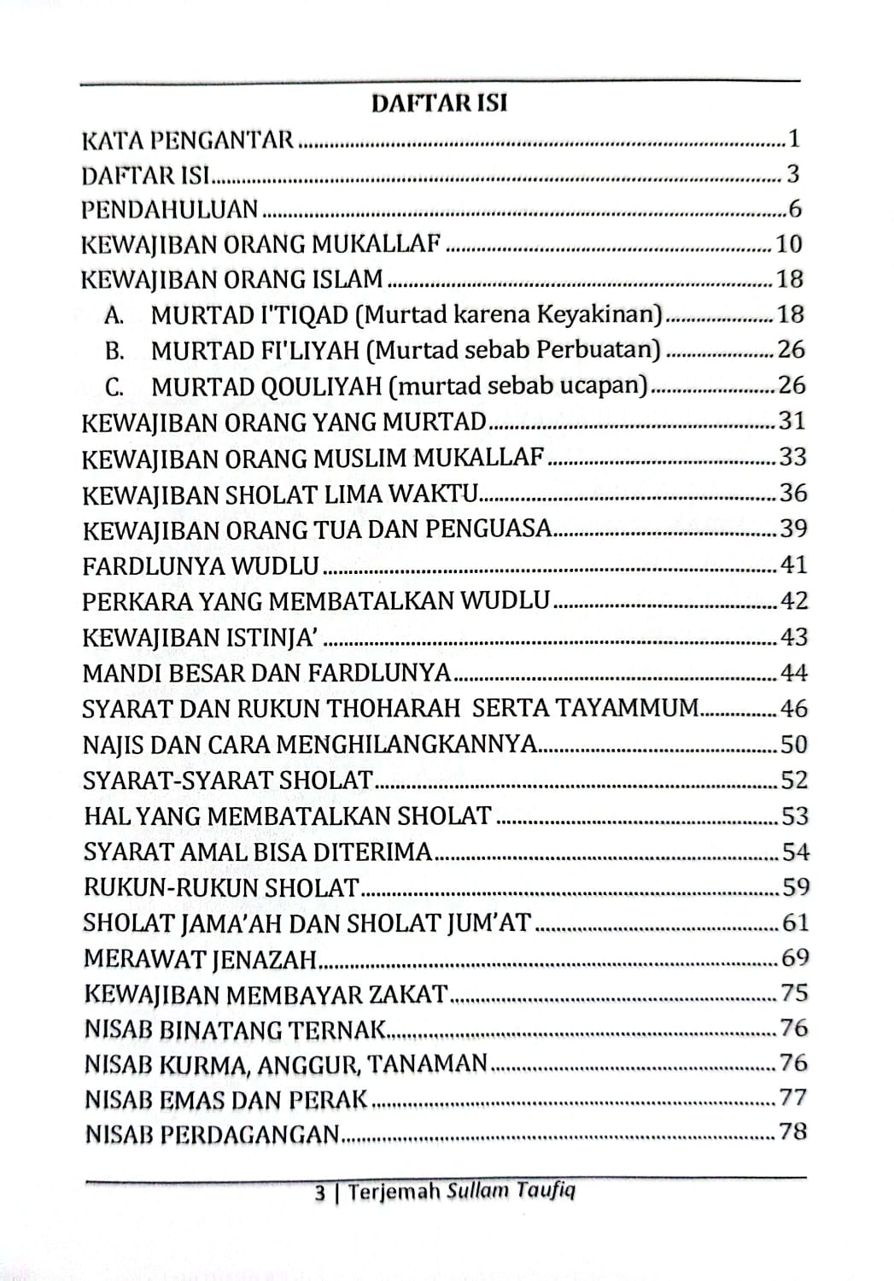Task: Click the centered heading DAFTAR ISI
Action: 439,104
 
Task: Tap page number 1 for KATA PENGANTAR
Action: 793,138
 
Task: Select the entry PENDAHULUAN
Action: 170,209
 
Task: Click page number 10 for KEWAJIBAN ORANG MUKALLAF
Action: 789,244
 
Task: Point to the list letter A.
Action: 114,316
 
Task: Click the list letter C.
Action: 114,387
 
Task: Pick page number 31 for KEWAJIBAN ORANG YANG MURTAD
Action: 792,421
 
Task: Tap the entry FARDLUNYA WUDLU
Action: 201,565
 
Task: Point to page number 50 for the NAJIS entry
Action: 792,744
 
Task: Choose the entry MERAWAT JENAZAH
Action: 201,959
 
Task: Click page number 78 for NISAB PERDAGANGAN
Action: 792,1132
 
